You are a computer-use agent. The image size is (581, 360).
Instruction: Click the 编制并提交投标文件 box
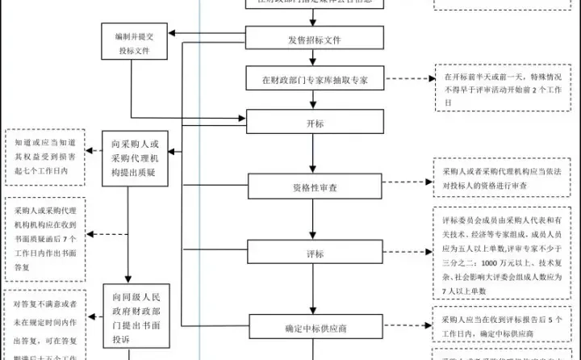click(x=134, y=44)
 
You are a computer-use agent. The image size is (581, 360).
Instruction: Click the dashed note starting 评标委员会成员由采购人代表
click(x=506, y=254)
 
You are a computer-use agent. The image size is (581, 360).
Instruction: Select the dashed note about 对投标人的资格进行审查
click(x=506, y=178)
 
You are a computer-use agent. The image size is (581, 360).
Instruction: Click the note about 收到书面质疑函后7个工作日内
click(x=47, y=234)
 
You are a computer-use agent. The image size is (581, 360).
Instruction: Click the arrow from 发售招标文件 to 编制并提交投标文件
click(x=207, y=34)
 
